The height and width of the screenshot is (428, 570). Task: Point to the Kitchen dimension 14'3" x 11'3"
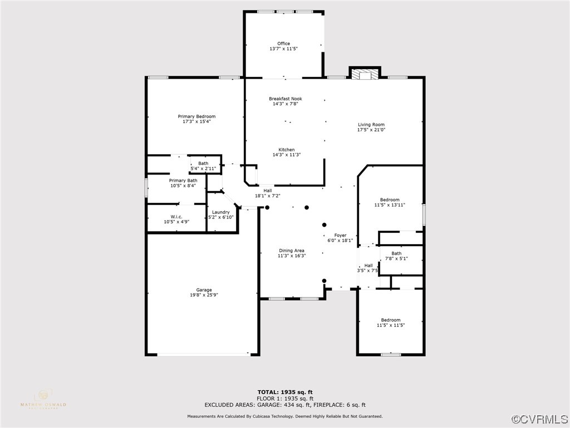pos(287,155)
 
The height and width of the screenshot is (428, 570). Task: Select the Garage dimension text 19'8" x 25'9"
pos(204,295)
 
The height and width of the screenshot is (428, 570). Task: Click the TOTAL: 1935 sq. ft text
pos(285,392)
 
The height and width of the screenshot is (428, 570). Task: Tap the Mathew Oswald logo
pos(43,399)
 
